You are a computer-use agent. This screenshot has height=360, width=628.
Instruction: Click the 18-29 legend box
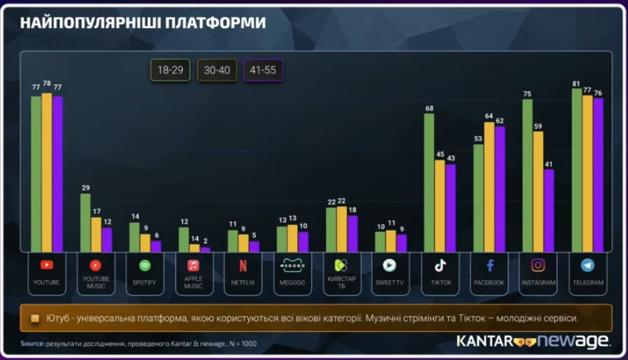point(171,71)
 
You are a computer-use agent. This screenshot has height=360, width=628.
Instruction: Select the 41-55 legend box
point(264,71)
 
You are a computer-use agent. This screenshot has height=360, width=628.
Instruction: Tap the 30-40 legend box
point(217,71)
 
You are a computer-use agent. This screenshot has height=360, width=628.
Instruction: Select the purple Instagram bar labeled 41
point(548,211)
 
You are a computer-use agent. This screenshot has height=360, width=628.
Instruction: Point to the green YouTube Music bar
point(85,223)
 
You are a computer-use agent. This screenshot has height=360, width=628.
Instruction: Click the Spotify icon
point(144,265)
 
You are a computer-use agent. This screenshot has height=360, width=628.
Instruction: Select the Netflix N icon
point(243,265)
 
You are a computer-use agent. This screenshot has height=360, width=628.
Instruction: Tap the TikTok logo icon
point(440,265)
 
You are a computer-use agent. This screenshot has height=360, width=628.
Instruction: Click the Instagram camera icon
point(538,265)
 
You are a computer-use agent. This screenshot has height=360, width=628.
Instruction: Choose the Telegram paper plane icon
point(587,265)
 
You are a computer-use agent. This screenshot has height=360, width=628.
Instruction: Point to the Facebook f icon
point(489,265)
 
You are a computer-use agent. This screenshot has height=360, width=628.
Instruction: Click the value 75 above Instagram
point(527,94)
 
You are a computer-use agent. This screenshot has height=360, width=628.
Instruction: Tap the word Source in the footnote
point(32,344)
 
